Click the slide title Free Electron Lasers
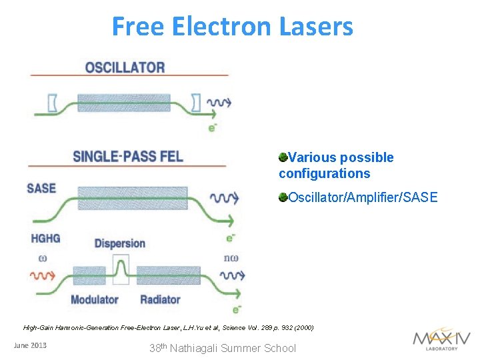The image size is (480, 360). [232, 27]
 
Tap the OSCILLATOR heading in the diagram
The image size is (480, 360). [125, 67]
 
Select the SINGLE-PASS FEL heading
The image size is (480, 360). [127, 157]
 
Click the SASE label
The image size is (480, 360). [41, 188]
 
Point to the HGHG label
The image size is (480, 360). [45, 239]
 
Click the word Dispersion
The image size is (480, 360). [120, 243]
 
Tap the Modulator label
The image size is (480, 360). [94, 299]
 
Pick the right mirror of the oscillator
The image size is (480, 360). [195, 103]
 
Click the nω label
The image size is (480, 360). [231, 258]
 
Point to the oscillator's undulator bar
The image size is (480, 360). [123, 103]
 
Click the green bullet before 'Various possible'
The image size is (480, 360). [283, 157]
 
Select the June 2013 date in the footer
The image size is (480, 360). [30, 345]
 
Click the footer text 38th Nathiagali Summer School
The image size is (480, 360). [223, 347]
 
